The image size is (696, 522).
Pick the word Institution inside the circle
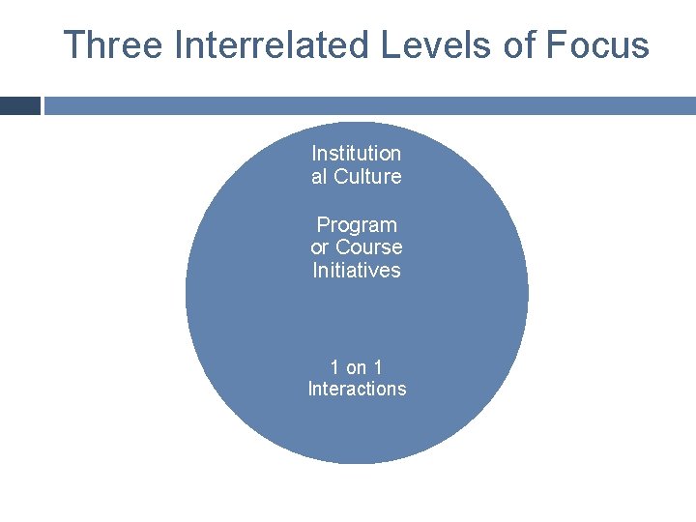tap(356, 153)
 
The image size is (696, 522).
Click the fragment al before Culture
tap(320, 176)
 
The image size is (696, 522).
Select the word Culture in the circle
tap(367, 176)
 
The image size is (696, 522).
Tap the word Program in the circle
tap(357, 225)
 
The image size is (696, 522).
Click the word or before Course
tap(320, 247)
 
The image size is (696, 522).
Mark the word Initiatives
tap(356, 270)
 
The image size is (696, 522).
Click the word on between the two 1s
tap(357, 367)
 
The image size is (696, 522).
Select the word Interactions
tap(357, 389)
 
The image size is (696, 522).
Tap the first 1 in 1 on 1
tap(334, 367)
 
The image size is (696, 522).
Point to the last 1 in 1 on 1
tap(378, 367)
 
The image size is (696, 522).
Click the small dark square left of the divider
tap(20, 105)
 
